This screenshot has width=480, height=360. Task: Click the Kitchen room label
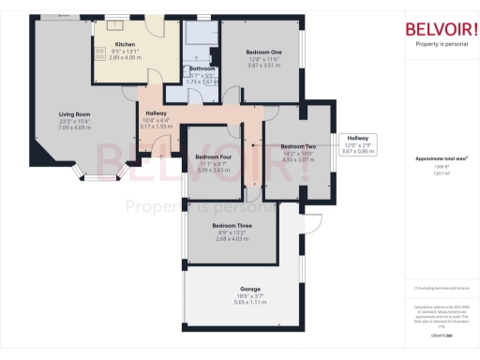[126, 44]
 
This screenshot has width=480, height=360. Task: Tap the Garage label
[249, 289]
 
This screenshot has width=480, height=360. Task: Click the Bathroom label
[202, 69]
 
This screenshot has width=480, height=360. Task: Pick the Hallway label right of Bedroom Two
[358, 138]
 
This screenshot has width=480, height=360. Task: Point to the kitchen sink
[115, 22]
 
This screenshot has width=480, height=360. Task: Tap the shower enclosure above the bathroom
[200, 35]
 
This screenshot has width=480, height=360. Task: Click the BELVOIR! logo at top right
[439, 28]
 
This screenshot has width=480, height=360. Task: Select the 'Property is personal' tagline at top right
[439, 44]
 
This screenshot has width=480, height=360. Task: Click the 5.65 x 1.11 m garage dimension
[249, 302]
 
